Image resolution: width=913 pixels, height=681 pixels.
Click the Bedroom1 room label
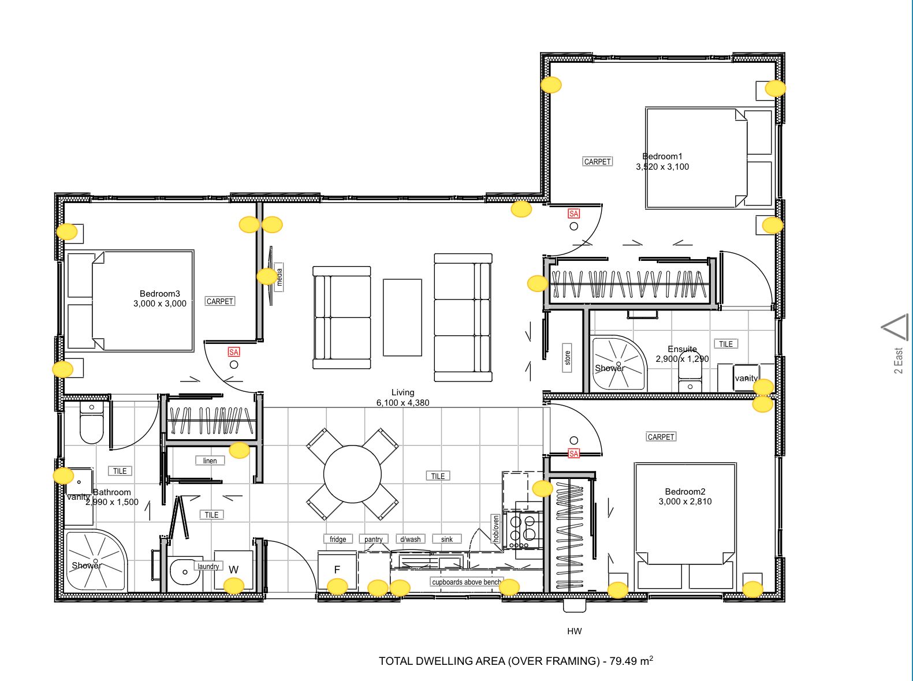(x=662, y=156)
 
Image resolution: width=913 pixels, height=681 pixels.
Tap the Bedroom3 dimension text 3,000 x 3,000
(x=160, y=304)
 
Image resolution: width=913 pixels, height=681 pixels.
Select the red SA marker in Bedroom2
(x=573, y=453)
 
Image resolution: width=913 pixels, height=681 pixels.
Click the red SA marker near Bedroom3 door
(x=234, y=352)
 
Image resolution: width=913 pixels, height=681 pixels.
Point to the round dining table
(x=352, y=474)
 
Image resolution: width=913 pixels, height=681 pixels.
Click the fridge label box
(x=338, y=539)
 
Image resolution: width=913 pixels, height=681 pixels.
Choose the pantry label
(x=374, y=539)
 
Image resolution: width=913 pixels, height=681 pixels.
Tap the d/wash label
(x=411, y=539)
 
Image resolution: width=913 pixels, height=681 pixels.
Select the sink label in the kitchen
(x=447, y=539)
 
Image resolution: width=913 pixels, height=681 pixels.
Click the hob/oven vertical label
(x=495, y=529)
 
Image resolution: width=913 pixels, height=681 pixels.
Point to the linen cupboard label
(x=210, y=461)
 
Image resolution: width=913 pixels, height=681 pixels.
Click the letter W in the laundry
(x=234, y=570)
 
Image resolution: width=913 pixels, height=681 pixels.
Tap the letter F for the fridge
(x=337, y=570)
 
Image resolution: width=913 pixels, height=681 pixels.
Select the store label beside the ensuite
(x=567, y=358)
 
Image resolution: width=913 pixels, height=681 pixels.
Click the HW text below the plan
(x=575, y=631)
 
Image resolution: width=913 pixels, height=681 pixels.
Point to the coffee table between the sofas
(x=403, y=317)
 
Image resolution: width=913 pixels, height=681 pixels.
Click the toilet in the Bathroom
(x=91, y=422)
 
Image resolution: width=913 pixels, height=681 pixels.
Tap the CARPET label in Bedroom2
(x=661, y=437)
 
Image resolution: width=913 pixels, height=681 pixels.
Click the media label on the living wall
(x=280, y=277)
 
